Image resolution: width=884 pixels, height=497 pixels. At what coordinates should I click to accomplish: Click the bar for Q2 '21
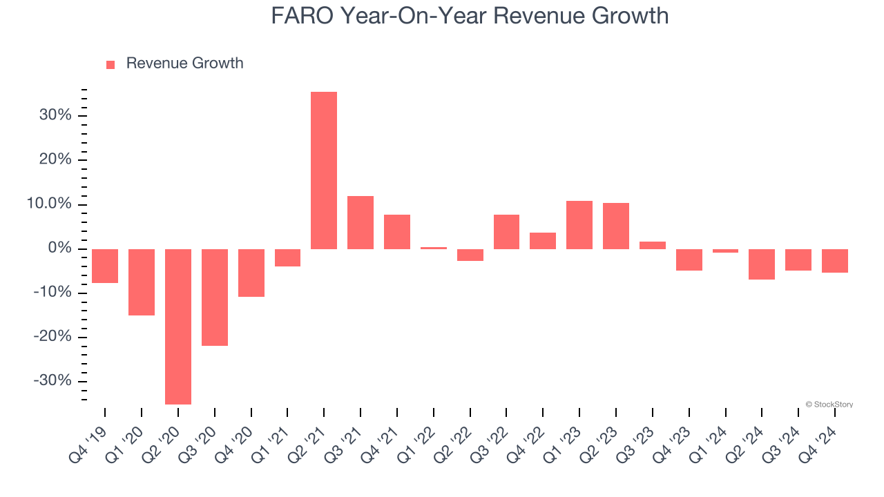pos(324,170)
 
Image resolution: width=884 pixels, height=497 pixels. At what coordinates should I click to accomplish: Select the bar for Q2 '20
pos(178,327)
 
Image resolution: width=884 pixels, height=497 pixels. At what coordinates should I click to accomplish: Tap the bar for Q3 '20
pos(215,298)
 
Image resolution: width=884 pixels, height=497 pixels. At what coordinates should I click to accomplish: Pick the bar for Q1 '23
pos(579,225)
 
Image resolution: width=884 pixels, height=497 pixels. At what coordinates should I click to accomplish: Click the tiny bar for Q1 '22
pos(434,248)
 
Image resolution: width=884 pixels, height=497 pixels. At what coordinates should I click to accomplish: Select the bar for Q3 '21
pos(361,222)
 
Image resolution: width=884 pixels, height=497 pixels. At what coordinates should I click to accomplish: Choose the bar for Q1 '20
pos(142,282)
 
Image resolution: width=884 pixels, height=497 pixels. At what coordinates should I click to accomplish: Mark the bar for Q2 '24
pos(762,264)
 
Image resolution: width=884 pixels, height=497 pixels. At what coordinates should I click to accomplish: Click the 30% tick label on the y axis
pos(55,115)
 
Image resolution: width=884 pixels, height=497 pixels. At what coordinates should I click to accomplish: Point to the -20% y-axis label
pos(52,337)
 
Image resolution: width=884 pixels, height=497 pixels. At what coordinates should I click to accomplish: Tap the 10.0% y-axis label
pos(49,204)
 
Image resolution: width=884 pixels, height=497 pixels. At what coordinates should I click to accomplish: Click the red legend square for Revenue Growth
pos(110,64)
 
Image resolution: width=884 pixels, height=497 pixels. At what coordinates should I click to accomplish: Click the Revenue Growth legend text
pos(184,64)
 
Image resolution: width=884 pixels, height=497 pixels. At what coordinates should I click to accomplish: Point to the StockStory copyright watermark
pos(829,405)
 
